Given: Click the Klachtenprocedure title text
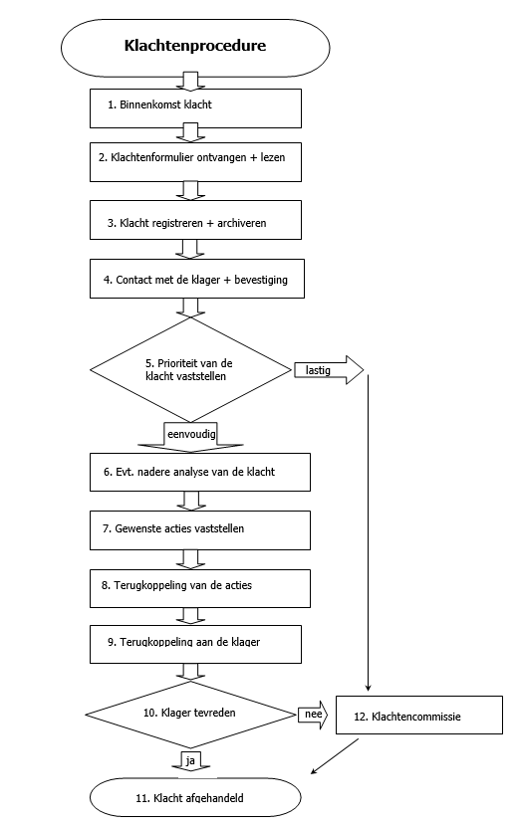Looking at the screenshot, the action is pyautogui.click(x=195, y=46).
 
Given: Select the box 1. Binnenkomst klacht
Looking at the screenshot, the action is pyautogui.click(x=195, y=108).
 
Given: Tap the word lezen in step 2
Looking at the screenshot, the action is pyautogui.click(x=272, y=157).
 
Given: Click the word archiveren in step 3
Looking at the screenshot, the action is pyautogui.click(x=241, y=223).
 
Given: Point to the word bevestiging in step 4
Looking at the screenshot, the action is pyautogui.click(x=261, y=280).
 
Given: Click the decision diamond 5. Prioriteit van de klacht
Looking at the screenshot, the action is pyautogui.click(x=190, y=370).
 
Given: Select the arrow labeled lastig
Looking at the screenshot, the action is pyautogui.click(x=329, y=370).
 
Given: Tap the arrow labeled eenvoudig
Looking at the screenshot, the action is pyautogui.click(x=190, y=438).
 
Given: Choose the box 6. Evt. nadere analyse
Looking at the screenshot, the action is pyautogui.click(x=200, y=472).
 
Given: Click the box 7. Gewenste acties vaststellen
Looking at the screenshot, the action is pyautogui.click(x=200, y=530).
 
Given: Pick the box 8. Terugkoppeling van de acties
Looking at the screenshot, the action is pyautogui.click(x=200, y=588).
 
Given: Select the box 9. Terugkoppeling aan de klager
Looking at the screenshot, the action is pyautogui.click(x=195, y=644).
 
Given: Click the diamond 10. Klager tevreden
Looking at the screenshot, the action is pyautogui.click(x=190, y=715).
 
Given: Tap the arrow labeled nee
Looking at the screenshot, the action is pyautogui.click(x=313, y=715).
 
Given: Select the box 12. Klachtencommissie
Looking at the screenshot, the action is pyautogui.click(x=419, y=715).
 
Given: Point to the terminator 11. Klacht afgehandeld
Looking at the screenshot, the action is pyautogui.click(x=195, y=797).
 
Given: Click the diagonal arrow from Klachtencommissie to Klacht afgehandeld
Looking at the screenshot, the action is pyautogui.click(x=335, y=755).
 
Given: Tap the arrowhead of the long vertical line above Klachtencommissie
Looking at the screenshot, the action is pyautogui.click(x=368, y=688).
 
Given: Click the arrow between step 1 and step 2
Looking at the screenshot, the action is pyautogui.click(x=190, y=132).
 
